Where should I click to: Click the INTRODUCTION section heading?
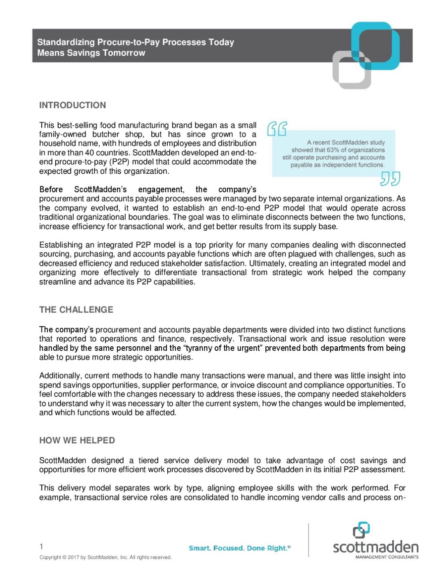(x=73, y=105)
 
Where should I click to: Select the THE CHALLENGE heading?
(x=76, y=310)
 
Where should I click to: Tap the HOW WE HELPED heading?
(x=77, y=440)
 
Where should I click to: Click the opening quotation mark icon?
(x=277, y=129)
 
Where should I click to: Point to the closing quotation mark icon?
(x=390, y=179)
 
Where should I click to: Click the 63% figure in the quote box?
(x=333, y=150)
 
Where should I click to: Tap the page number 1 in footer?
(x=41, y=546)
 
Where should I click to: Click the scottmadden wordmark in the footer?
(x=375, y=547)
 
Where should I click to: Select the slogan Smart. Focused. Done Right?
(x=239, y=548)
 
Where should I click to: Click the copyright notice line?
(x=105, y=557)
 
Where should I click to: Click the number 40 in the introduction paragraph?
(x=89, y=153)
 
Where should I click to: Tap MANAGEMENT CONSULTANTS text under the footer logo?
(x=387, y=557)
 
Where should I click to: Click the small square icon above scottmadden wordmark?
(x=361, y=530)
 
